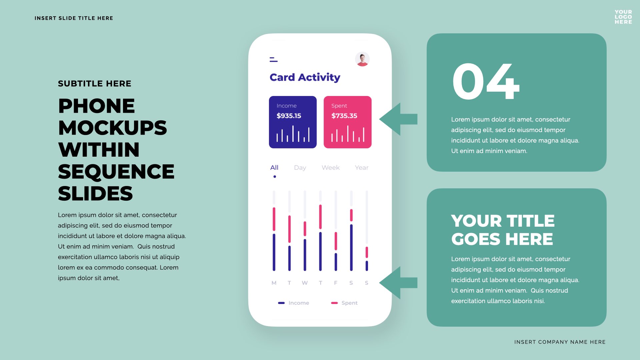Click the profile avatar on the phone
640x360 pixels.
click(x=362, y=59)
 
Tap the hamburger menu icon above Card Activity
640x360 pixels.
click(x=273, y=59)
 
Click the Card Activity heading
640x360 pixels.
click(x=305, y=77)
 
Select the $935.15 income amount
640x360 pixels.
click(x=289, y=116)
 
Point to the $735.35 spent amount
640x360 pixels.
click(x=344, y=116)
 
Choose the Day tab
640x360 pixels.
click(x=300, y=168)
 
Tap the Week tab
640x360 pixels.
click(x=331, y=168)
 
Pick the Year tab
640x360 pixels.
click(x=362, y=168)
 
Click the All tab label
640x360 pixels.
click(x=274, y=168)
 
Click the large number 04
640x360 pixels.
click(x=486, y=82)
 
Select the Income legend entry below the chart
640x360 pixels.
click(x=293, y=303)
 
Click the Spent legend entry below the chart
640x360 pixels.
click(x=344, y=303)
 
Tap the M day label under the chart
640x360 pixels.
click(x=274, y=283)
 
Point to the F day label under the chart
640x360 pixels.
click(x=336, y=283)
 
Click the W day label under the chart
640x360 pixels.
click(x=305, y=283)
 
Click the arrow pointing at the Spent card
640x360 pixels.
click(x=398, y=119)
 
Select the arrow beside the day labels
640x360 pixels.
click(x=398, y=283)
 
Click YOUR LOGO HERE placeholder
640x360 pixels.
click(x=623, y=17)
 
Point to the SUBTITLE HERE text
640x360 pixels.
click(x=95, y=84)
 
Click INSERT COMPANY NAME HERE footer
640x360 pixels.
click(x=560, y=342)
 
